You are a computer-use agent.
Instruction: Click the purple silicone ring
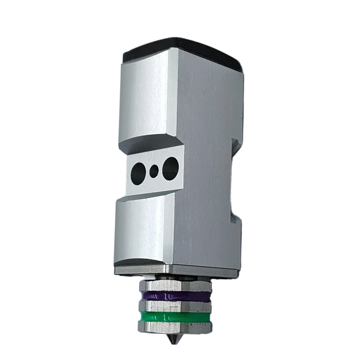174,296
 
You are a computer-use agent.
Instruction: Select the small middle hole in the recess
155,171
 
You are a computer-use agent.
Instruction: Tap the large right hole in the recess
171,166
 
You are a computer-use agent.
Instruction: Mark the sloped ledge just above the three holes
149,146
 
